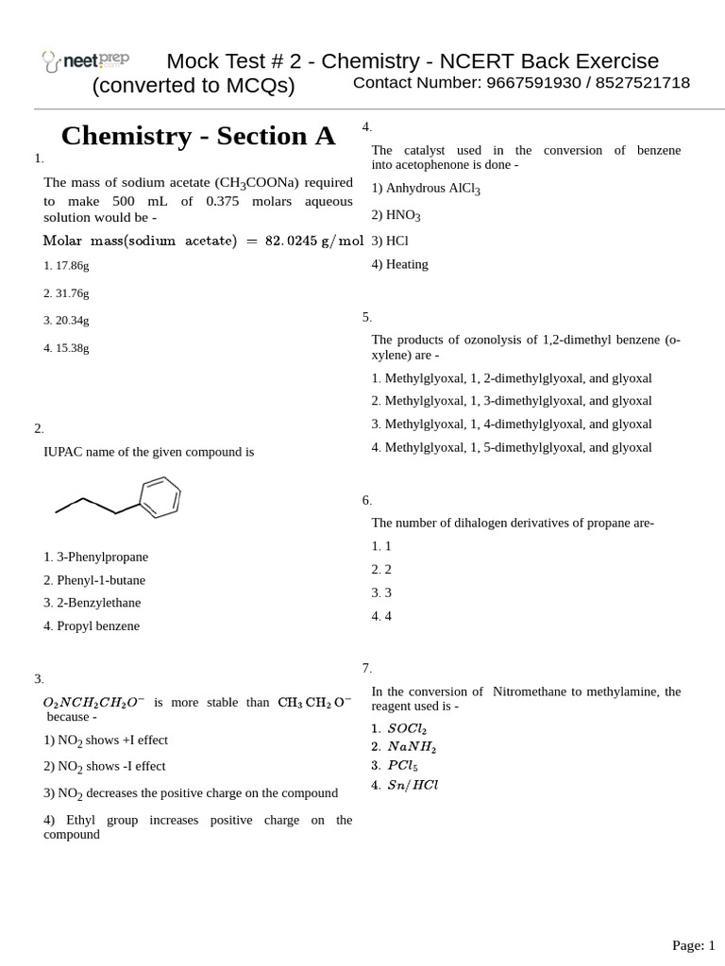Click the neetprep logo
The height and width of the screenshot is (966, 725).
click(x=86, y=61)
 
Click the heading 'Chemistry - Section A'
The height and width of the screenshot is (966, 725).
click(x=198, y=136)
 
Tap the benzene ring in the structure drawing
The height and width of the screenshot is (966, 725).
click(x=160, y=497)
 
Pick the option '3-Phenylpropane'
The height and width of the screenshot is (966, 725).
click(x=95, y=558)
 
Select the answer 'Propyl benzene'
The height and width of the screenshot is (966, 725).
click(x=92, y=626)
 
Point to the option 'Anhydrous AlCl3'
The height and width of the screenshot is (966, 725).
click(x=426, y=189)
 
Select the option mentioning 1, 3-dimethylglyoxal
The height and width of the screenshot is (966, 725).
click(x=512, y=401)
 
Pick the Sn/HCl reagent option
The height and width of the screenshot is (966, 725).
click(x=405, y=785)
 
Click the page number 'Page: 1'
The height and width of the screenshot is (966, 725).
click(x=693, y=945)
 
